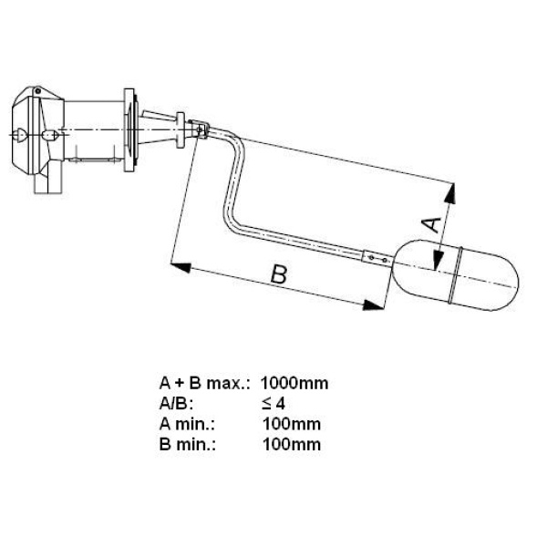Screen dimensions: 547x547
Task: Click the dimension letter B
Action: [x=279, y=274]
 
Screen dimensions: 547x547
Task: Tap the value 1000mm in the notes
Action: [x=294, y=384]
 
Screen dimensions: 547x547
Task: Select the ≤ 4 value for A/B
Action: [x=273, y=404]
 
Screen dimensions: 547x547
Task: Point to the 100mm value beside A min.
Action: [x=292, y=424]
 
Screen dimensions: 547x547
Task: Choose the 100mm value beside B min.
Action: [x=292, y=445]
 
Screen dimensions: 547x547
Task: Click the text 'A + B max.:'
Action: [x=205, y=384]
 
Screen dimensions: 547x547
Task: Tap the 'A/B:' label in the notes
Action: [x=176, y=404]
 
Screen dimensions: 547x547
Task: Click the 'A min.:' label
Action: [x=187, y=424]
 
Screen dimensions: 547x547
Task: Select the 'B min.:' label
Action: [x=187, y=445]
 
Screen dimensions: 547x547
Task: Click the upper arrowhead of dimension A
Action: [x=450, y=194]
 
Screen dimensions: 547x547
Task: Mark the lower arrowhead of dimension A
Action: [x=437, y=259]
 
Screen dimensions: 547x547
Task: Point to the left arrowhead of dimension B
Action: [x=181, y=267]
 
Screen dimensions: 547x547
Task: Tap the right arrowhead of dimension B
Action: [x=374, y=304]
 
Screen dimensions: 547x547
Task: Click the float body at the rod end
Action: [x=455, y=275]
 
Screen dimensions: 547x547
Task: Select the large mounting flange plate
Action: [x=129, y=130]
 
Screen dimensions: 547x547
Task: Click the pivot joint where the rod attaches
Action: [x=200, y=129]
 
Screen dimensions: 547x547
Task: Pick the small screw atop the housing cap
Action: [x=37, y=91]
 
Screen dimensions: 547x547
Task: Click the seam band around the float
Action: [x=457, y=274]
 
